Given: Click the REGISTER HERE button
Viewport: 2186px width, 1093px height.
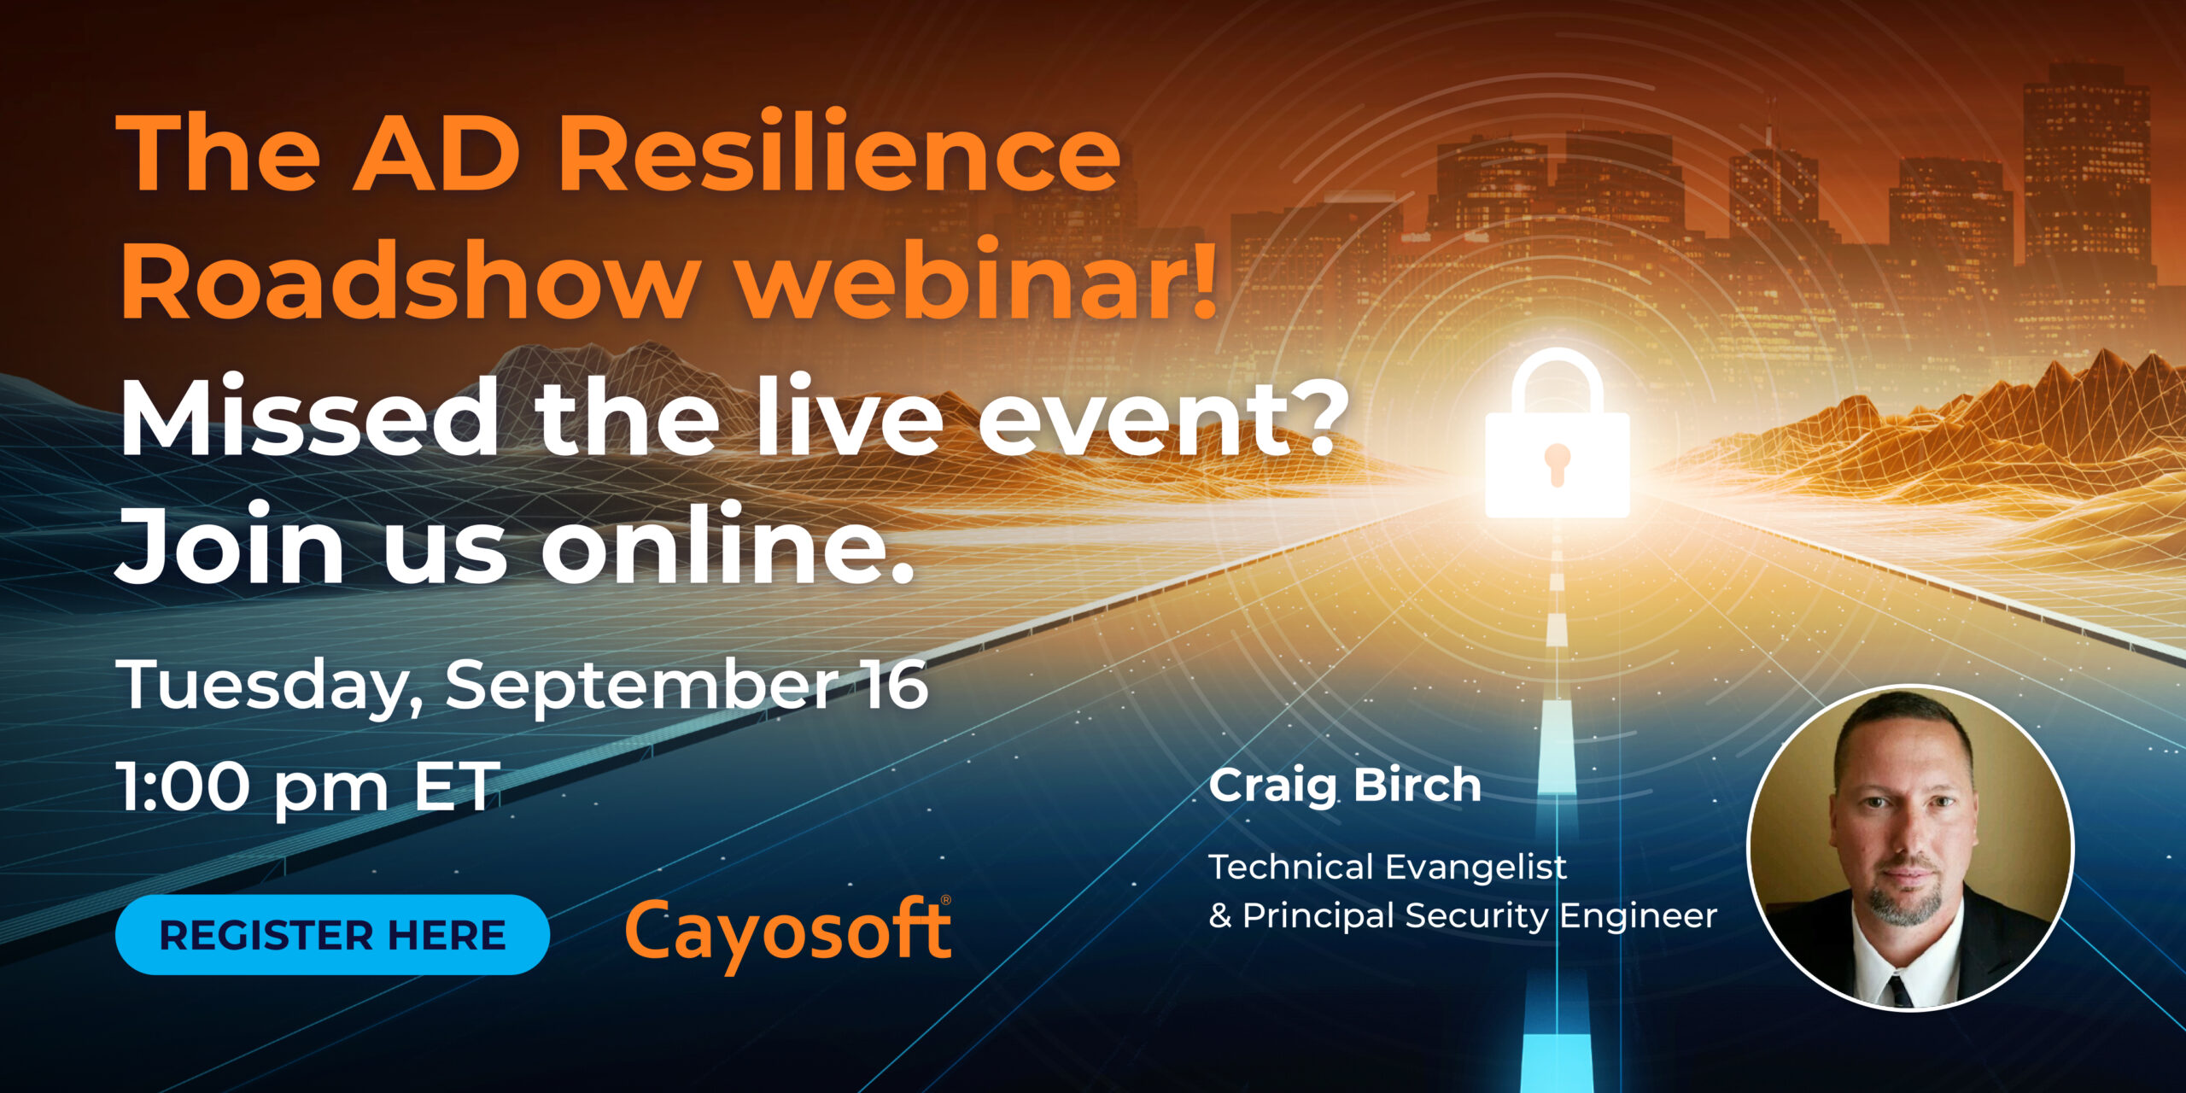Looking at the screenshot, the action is click(x=332, y=935).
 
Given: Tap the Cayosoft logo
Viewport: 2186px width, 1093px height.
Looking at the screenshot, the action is click(x=788, y=934).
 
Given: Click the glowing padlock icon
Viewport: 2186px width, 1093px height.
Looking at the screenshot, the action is click(x=1558, y=434).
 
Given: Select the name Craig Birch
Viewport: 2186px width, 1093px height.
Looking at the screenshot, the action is click(x=1345, y=786).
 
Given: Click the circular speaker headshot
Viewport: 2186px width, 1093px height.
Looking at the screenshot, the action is click(x=1911, y=847).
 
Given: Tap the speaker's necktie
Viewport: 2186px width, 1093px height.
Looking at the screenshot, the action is click(x=1899, y=991).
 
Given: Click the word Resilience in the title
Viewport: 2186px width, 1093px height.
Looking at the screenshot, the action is click(x=839, y=153).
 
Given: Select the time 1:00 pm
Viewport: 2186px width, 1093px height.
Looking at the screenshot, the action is click(x=253, y=787).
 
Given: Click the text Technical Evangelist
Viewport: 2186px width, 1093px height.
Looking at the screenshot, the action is click(x=1388, y=868).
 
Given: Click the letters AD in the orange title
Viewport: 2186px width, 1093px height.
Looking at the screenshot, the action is click(x=435, y=153).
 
